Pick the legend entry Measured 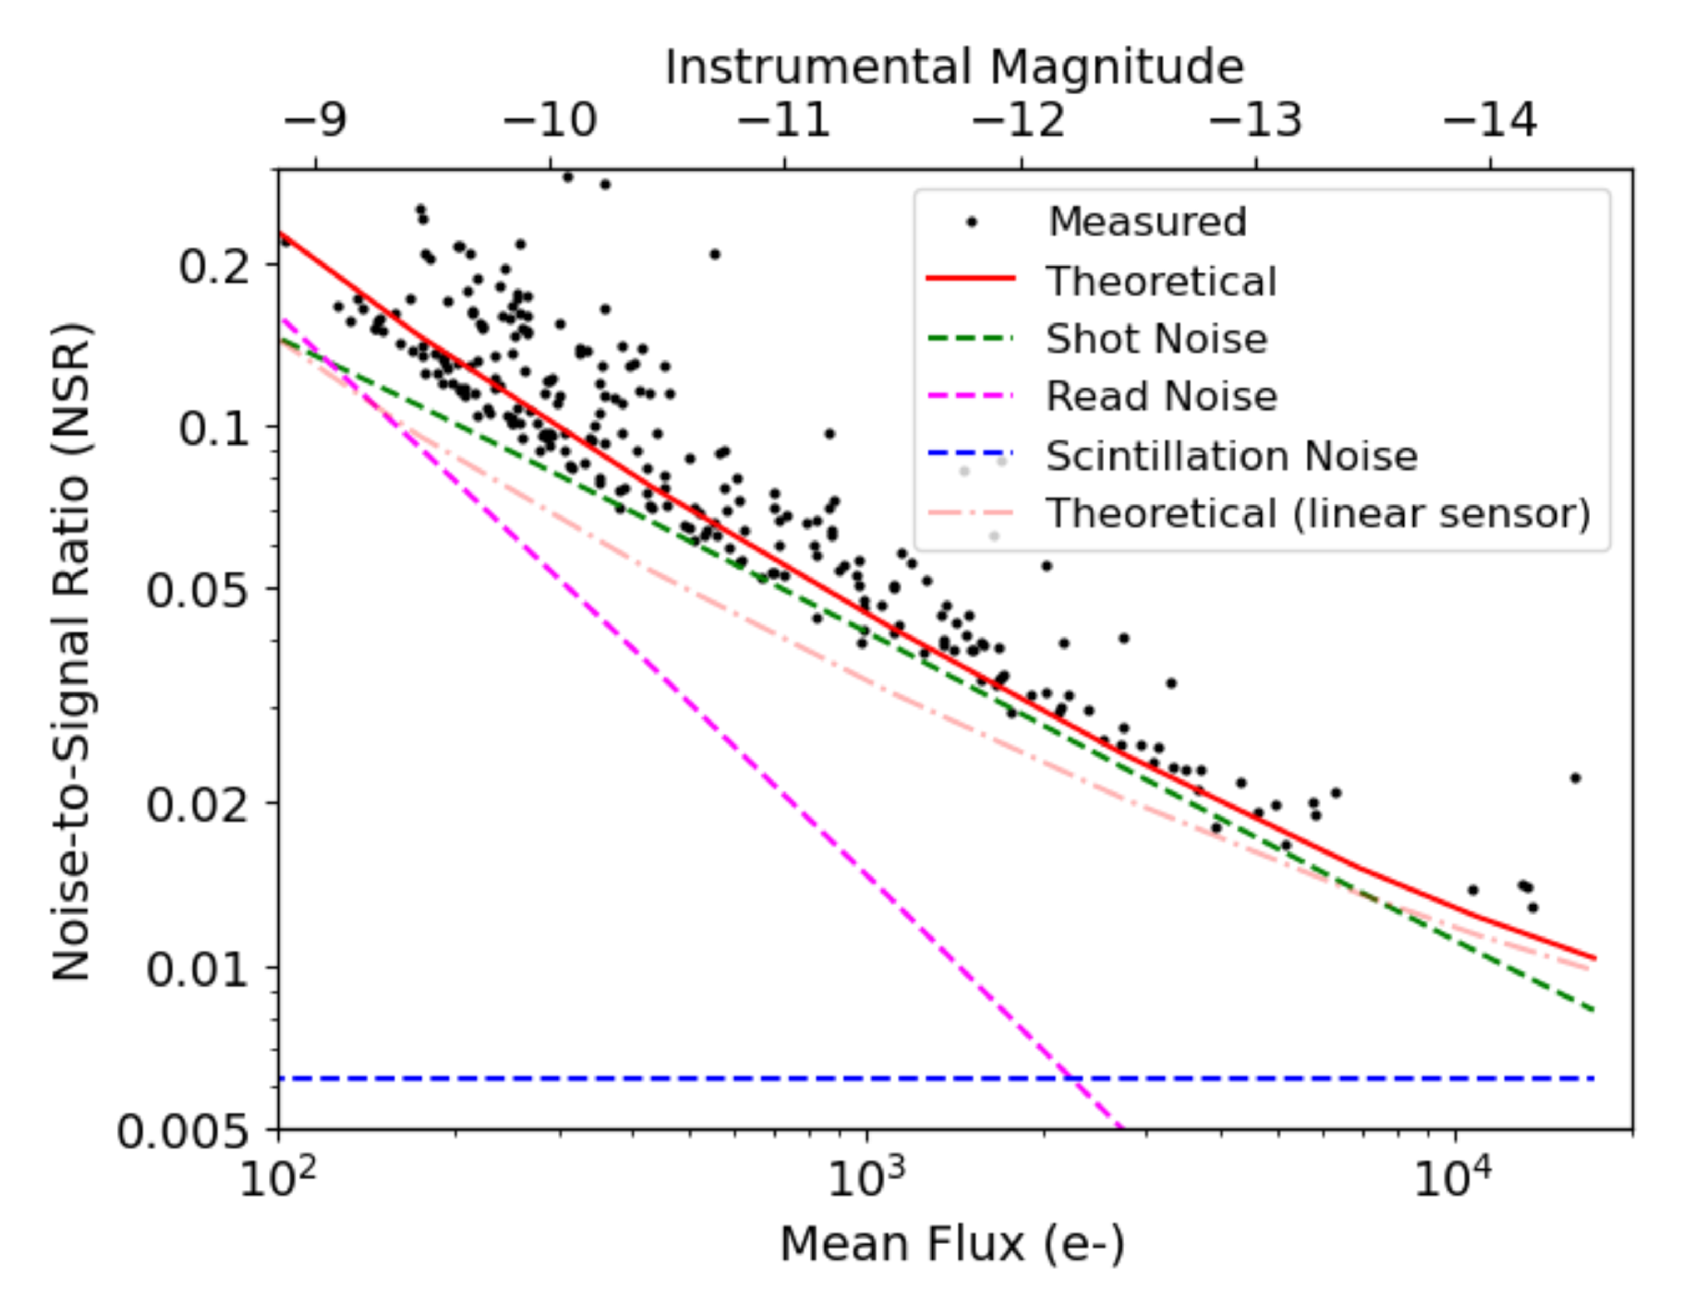click(x=1147, y=222)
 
